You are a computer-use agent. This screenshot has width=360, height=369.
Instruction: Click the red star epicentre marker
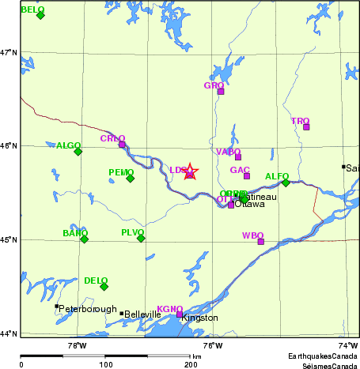tap(190, 171)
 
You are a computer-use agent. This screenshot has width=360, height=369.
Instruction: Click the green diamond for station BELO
tap(40, 15)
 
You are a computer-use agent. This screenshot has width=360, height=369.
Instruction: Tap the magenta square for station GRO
tap(221, 92)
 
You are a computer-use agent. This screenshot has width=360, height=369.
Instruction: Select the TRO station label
tap(299, 121)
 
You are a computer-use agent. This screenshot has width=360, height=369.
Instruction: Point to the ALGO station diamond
tap(78, 151)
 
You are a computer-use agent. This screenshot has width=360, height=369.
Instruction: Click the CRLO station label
tap(112, 138)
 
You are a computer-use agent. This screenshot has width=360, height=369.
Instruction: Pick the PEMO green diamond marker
tap(131, 178)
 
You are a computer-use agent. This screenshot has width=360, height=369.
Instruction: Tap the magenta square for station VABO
tap(237, 156)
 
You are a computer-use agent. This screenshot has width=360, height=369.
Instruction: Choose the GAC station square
tap(247, 175)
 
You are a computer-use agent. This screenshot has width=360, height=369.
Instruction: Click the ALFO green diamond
tap(286, 183)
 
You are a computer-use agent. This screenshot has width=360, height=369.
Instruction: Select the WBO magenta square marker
tap(260, 242)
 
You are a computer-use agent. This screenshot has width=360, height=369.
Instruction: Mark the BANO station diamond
tap(84, 239)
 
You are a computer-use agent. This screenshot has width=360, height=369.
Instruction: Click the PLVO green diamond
tap(141, 238)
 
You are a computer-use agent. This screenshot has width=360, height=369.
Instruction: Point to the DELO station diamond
tap(104, 286)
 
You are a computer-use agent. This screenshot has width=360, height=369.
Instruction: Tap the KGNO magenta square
tap(180, 314)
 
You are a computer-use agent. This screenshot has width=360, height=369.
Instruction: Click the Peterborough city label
tap(88, 309)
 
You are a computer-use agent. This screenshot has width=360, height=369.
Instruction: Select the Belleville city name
tap(143, 314)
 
